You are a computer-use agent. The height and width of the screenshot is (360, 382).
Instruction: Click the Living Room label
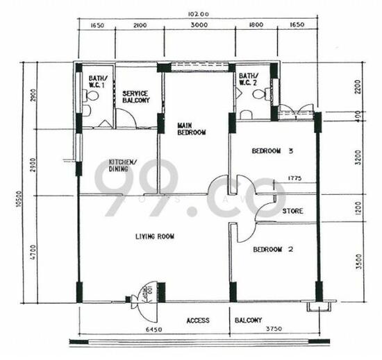pos(154,237)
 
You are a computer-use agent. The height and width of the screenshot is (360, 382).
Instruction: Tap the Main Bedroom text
pos(192,128)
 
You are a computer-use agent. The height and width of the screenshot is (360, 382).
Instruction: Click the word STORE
pos(292,210)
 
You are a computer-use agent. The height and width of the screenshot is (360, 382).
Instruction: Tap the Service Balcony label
pos(136,96)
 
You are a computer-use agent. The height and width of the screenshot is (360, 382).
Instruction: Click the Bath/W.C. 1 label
pos(95,80)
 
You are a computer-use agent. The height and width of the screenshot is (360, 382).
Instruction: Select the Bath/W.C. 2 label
pos(247,80)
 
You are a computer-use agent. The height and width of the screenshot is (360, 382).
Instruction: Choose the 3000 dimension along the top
pos(199,26)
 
